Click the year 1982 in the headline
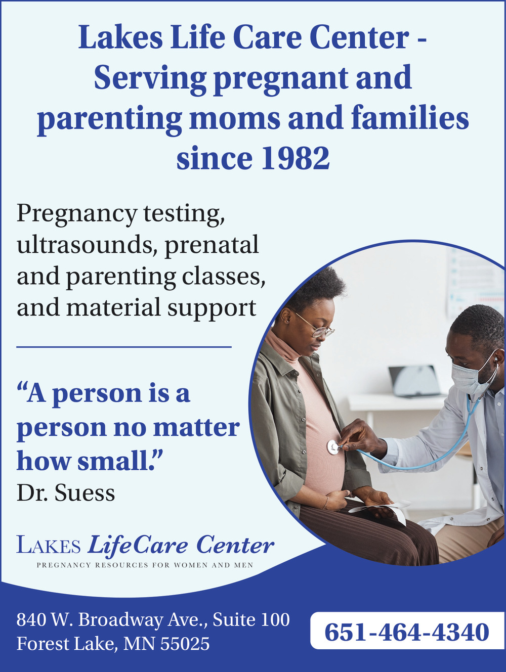coord(296,158)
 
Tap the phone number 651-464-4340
coord(406,632)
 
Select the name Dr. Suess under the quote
coord(66,492)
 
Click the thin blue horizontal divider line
coord(124,347)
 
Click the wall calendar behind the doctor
coord(475,285)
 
